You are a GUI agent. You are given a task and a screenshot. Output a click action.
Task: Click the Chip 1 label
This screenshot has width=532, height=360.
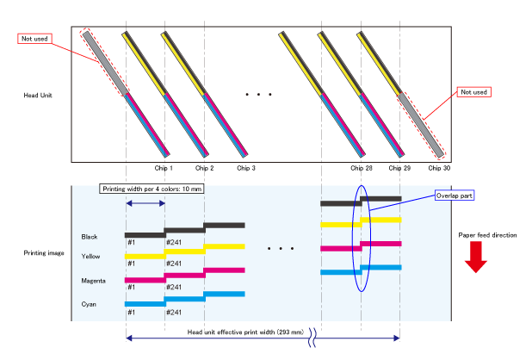164,168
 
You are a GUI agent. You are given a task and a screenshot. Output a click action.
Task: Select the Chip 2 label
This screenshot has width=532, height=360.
204,168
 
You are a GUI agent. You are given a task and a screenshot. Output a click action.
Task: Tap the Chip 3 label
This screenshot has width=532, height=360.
246,168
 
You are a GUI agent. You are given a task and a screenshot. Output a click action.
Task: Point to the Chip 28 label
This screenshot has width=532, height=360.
362,168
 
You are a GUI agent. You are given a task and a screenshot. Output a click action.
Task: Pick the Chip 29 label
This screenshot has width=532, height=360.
399,168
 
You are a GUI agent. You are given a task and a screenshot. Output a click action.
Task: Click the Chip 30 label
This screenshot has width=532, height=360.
440,168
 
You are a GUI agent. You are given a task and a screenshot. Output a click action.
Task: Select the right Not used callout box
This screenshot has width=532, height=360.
473,91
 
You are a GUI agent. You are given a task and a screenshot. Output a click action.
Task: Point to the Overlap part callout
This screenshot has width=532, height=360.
455,196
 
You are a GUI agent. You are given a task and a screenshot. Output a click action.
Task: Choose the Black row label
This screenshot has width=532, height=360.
90,236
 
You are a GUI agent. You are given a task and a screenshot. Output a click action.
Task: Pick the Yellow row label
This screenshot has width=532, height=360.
90,257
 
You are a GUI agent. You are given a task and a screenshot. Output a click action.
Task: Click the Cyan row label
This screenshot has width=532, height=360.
89,303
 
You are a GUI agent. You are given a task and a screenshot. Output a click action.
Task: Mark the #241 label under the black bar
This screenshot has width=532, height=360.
174,243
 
